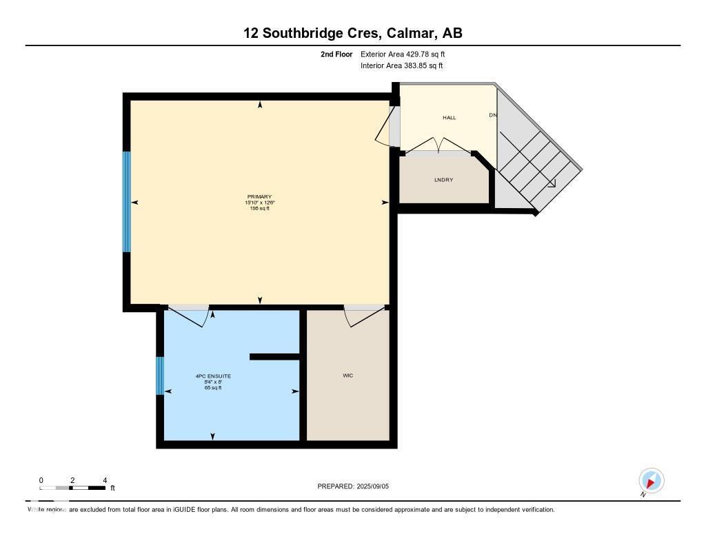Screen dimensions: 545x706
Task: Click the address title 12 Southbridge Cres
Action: coord(352,32)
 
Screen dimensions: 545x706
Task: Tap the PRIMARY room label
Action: coord(260,197)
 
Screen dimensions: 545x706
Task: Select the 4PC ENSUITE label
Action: coord(213,376)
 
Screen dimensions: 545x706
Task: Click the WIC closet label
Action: coord(348,376)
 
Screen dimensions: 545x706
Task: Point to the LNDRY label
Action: coord(443,180)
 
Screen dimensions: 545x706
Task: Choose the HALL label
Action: coord(449,118)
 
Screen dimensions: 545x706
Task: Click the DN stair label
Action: coord(493,115)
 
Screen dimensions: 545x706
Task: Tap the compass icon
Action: coord(651,480)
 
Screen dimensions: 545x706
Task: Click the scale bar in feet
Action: coord(73,488)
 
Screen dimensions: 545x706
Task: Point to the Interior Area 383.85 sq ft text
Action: coord(401,66)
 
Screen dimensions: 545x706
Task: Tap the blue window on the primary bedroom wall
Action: coord(126,201)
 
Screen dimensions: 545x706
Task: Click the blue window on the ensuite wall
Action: coord(160,376)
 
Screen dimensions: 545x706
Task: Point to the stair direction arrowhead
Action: coord(552,183)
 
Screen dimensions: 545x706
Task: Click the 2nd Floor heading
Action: coord(336,54)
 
